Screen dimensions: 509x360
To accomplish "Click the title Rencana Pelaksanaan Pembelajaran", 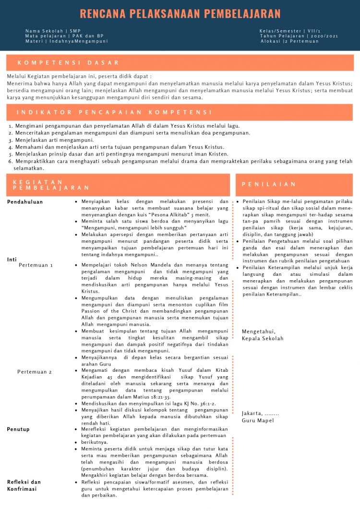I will (180, 13).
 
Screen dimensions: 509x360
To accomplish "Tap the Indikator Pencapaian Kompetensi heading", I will (114, 112).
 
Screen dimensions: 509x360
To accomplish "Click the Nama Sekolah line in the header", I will (53, 31).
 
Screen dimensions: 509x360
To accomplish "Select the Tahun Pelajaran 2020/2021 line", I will (299, 36).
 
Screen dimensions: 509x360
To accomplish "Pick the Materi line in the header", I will (67, 41).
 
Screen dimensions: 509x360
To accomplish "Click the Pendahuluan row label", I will (25, 202).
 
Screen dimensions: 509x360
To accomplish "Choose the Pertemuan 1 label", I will (36, 265).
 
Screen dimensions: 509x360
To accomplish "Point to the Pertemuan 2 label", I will (35, 372).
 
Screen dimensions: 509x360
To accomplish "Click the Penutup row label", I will (18, 429).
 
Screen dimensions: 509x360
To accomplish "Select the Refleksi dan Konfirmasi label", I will (24, 485).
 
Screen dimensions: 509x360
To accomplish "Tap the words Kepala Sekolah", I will (263, 338).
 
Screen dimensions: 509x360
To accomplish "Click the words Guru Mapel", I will (258, 421).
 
